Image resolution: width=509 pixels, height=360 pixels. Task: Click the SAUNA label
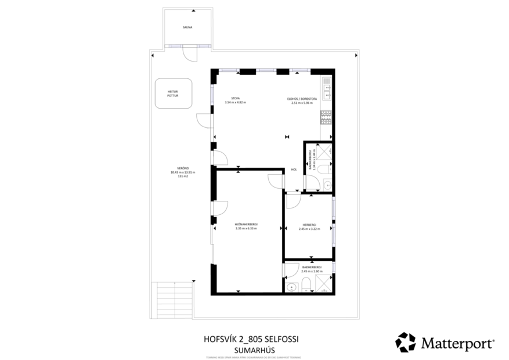[x=186, y=27]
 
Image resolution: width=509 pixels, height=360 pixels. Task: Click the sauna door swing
[x=189, y=54]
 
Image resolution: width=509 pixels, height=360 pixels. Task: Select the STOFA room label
[x=235, y=99]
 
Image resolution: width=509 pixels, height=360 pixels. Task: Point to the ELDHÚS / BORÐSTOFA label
[x=302, y=99]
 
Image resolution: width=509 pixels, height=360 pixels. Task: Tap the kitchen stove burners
[x=326, y=117]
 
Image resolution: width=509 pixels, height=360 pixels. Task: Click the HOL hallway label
[x=294, y=170]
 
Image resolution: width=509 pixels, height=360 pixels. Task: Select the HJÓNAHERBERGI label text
[x=246, y=224]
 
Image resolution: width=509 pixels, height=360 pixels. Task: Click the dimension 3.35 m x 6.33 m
[x=246, y=228]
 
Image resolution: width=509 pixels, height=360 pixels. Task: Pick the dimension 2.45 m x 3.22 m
[x=308, y=228]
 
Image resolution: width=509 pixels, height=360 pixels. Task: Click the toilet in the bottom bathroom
[x=306, y=284]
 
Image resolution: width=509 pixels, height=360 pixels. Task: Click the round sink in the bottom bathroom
[x=292, y=286]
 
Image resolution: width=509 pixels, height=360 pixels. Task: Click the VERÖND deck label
[x=183, y=168]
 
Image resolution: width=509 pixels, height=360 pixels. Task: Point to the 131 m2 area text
[x=183, y=176]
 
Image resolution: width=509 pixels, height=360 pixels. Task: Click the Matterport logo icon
[x=405, y=342]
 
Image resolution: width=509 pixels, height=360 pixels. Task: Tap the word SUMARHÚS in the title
[x=254, y=350]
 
